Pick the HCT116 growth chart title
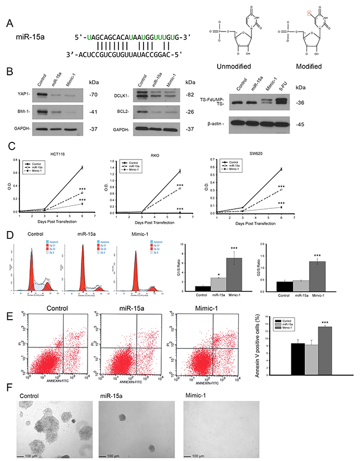point(55,155)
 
